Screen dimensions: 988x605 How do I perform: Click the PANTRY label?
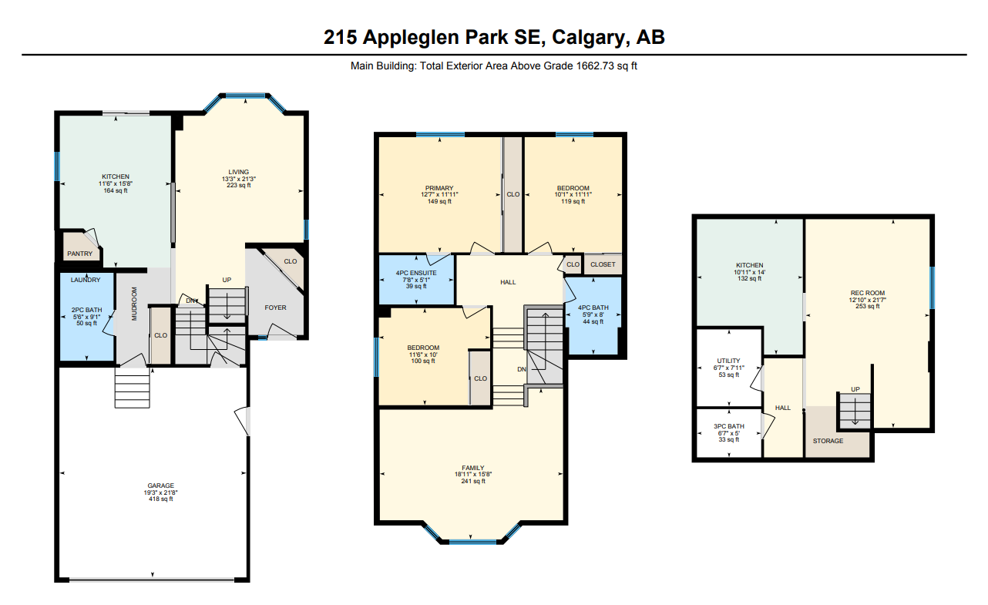(80, 254)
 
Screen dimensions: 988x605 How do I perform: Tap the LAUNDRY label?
(86, 280)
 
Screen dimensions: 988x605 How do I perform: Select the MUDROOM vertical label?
(134, 304)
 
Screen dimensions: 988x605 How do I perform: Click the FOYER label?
(275, 308)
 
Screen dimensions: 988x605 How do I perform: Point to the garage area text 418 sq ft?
(161, 499)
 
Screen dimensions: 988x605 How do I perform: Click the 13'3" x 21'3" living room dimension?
(239, 179)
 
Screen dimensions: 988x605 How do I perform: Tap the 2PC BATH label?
(86, 310)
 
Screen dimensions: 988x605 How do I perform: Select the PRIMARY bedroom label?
(439, 188)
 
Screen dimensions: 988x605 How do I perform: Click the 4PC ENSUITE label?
(416, 273)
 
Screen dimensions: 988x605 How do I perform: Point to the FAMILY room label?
(473, 468)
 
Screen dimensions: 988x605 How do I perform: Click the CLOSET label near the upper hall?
(603, 264)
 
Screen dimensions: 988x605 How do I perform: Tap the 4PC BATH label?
(593, 308)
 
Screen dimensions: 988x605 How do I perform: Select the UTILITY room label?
(728, 361)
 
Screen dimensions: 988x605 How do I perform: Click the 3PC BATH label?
(728, 426)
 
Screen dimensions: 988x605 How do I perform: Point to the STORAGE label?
(828, 441)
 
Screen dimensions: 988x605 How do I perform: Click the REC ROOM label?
(868, 293)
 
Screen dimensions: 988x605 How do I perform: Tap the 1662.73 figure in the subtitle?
(595, 66)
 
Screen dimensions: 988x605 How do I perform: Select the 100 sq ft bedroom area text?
(423, 361)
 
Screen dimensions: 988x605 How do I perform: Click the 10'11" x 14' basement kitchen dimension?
(749, 272)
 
